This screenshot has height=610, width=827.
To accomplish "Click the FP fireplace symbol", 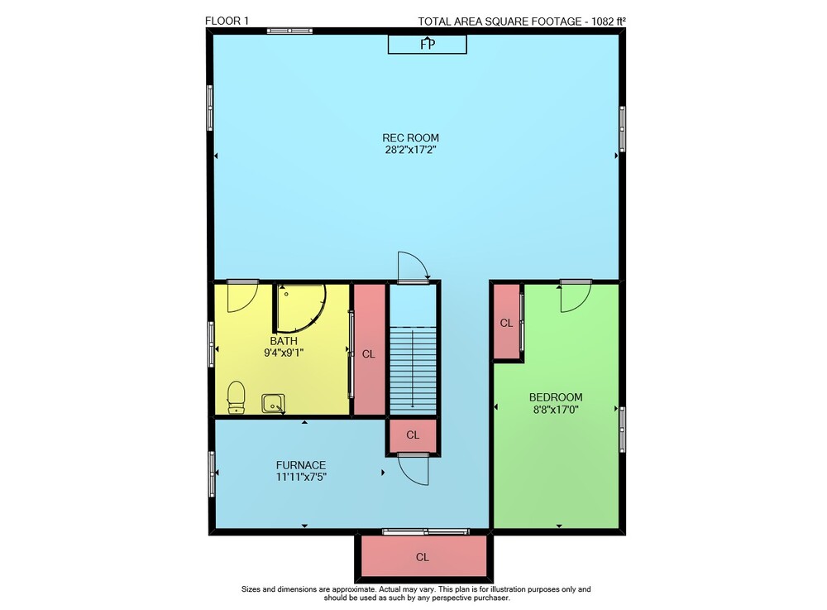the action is tap(428, 45).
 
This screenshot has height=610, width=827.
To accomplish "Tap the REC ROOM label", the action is tap(410, 138).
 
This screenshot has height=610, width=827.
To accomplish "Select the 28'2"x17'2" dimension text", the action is tap(410, 150).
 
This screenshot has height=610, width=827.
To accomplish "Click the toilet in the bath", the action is tap(236, 397).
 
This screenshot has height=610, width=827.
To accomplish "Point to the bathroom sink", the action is tap(273, 404).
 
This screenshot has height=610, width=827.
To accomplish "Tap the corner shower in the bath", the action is tap(299, 309).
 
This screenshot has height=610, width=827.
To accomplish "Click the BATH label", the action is tap(284, 341).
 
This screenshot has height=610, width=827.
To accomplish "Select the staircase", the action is tap(413, 371).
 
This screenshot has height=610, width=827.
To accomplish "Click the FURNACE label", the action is tap(301, 465).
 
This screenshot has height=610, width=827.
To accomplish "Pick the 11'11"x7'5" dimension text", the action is tap(301, 477).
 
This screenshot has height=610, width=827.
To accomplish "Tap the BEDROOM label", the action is tap(556, 397).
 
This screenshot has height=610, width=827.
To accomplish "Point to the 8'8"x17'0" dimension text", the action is tap(556, 409).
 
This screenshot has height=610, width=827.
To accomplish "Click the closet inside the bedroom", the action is tap(507, 323).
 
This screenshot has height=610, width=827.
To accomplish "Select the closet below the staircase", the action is tap(413, 435).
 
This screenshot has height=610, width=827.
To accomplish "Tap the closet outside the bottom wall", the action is tap(423, 557).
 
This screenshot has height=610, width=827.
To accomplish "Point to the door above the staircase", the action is tap(413, 267).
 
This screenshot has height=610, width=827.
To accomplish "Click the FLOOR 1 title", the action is tap(227, 22).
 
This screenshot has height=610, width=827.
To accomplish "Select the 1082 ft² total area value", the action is tap(608, 22).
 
